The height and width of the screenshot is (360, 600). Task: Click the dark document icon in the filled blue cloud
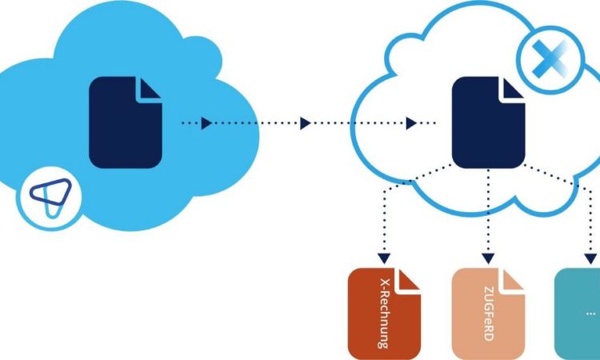click(126, 122)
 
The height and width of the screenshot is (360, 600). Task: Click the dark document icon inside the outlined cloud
click(488, 122)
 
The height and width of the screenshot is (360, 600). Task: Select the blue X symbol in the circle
click(550, 59)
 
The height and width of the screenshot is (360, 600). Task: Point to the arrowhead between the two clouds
click(305, 123)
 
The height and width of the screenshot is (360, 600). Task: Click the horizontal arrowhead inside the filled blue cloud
click(206, 123)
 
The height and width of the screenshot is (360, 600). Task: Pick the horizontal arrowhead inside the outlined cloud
click(411, 123)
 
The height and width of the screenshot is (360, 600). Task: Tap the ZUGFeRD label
click(488, 314)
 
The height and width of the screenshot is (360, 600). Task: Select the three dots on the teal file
click(591, 314)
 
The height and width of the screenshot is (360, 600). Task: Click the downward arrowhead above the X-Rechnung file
click(384, 258)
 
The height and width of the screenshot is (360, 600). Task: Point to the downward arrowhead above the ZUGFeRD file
click(488, 258)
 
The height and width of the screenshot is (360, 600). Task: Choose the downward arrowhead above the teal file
click(591, 258)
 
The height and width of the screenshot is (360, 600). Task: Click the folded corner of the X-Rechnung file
click(408, 281)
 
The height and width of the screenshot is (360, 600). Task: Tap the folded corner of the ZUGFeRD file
click(512, 281)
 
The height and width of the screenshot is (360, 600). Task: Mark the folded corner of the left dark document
click(150, 89)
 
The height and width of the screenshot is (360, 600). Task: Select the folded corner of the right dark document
click(512, 89)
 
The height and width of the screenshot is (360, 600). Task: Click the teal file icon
click(578, 314)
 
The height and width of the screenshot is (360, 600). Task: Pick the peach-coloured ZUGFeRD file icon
click(488, 314)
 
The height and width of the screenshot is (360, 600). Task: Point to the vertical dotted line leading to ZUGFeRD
click(488, 210)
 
